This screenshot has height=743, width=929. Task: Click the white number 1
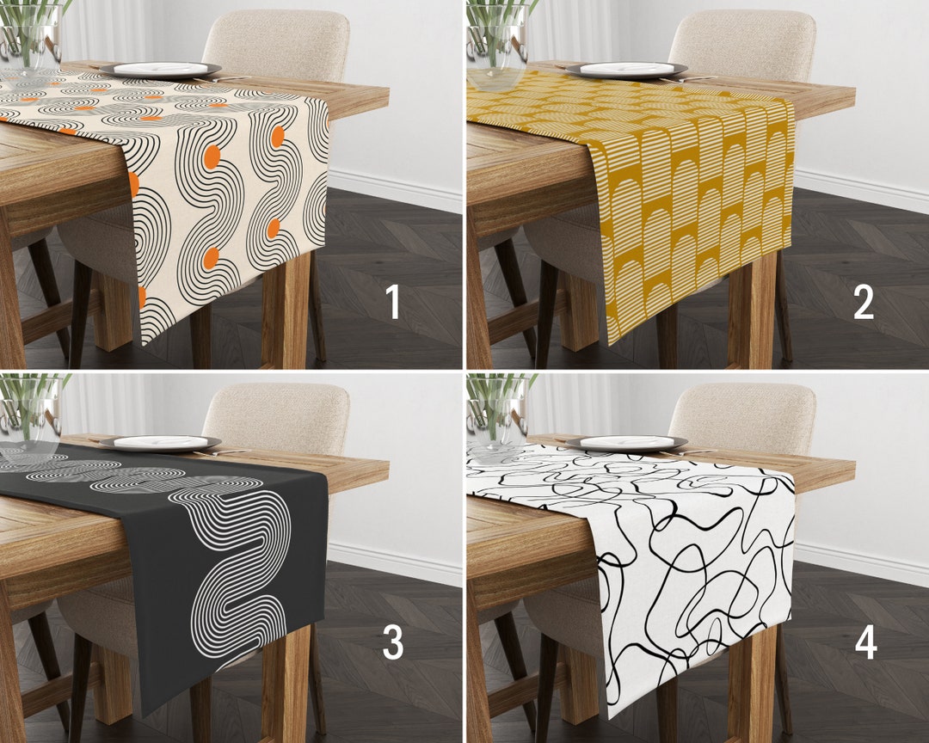click(x=393, y=302)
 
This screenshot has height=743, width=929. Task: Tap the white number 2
click(x=863, y=302)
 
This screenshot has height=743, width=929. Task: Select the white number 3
click(x=393, y=642)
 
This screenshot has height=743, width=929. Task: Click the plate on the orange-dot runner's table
click(x=160, y=70)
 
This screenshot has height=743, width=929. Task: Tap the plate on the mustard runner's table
click(x=632, y=70)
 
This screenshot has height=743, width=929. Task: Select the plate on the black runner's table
click(x=160, y=442)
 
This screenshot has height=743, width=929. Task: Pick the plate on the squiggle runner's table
click(x=632, y=442)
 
